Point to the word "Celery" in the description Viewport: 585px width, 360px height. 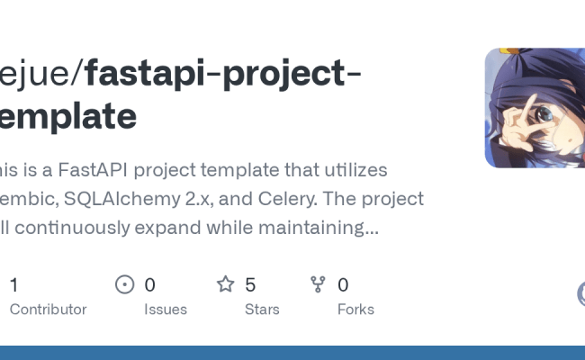(307, 198)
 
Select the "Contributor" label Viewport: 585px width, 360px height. (48, 309)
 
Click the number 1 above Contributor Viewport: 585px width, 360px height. (13, 285)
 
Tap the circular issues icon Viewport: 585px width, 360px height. (125, 285)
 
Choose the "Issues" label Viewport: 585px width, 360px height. (166, 309)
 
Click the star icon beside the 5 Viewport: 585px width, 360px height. (225, 285)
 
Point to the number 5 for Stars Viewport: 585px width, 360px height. (250, 285)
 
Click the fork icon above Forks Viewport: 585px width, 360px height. (318, 285)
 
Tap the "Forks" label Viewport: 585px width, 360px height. (355, 309)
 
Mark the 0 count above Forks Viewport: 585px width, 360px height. (343, 285)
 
